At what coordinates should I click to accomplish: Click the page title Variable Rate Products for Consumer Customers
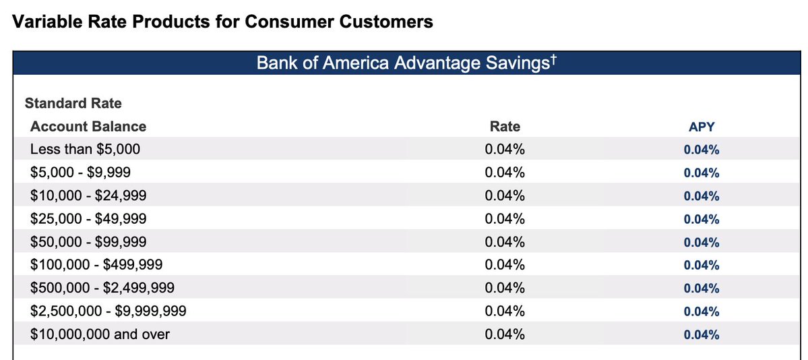(x=222, y=22)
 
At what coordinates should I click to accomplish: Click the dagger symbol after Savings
(x=553, y=61)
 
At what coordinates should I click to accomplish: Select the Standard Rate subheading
(x=73, y=103)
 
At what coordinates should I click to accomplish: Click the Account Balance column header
(x=88, y=126)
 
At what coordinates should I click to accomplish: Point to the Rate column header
(x=505, y=126)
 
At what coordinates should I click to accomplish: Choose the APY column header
(x=702, y=127)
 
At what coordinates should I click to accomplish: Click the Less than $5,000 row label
(x=85, y=150)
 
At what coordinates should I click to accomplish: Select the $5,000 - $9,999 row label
(x=80, y=173)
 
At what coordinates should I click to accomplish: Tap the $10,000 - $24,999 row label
(x=88, y=196)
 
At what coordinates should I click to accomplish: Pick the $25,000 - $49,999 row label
(x=88, y=218)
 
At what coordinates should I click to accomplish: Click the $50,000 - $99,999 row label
(x=88, y=242)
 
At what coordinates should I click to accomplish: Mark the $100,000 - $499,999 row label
(x=96, y=265)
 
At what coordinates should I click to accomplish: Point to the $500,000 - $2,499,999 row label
(x=102, y=288)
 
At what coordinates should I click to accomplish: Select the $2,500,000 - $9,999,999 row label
(x=108, y=311)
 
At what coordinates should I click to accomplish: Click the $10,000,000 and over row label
(x=100, y=334)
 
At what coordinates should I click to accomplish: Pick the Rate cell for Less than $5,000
(x=505, y=150)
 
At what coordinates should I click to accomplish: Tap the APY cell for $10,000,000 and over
(x=702, y=335)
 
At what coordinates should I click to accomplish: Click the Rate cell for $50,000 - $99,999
(x=505, y=242)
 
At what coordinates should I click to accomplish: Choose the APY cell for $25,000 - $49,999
(x=702, y=219)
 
